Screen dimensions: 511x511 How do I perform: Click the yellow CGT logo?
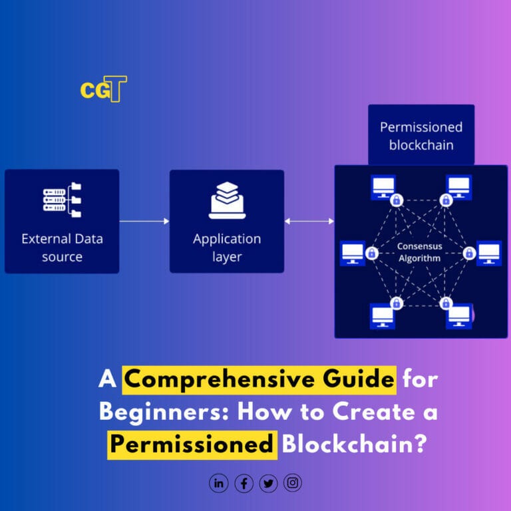(103, 89)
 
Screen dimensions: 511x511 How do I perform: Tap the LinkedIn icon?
(218, 483)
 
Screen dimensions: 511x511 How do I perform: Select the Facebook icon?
(244, 483)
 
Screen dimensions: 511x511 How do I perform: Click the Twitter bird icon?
(268, 483)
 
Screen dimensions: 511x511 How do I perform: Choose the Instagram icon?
(293, 483)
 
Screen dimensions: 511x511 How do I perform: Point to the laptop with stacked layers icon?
(227, 200)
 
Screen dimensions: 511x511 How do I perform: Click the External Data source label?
(62, 248)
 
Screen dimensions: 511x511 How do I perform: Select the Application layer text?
(227, 248)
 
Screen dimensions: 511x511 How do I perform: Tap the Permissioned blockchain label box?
(421, 135)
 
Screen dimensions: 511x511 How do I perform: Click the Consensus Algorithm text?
(419, 252)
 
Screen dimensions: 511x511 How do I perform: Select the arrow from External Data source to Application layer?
(144, 221)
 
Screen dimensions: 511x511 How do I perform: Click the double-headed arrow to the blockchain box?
(309, 221)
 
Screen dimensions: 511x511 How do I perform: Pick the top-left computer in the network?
(383, 186)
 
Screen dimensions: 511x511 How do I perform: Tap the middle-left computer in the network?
(353, 253)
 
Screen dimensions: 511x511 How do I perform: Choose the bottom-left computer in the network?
(383, 315)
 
